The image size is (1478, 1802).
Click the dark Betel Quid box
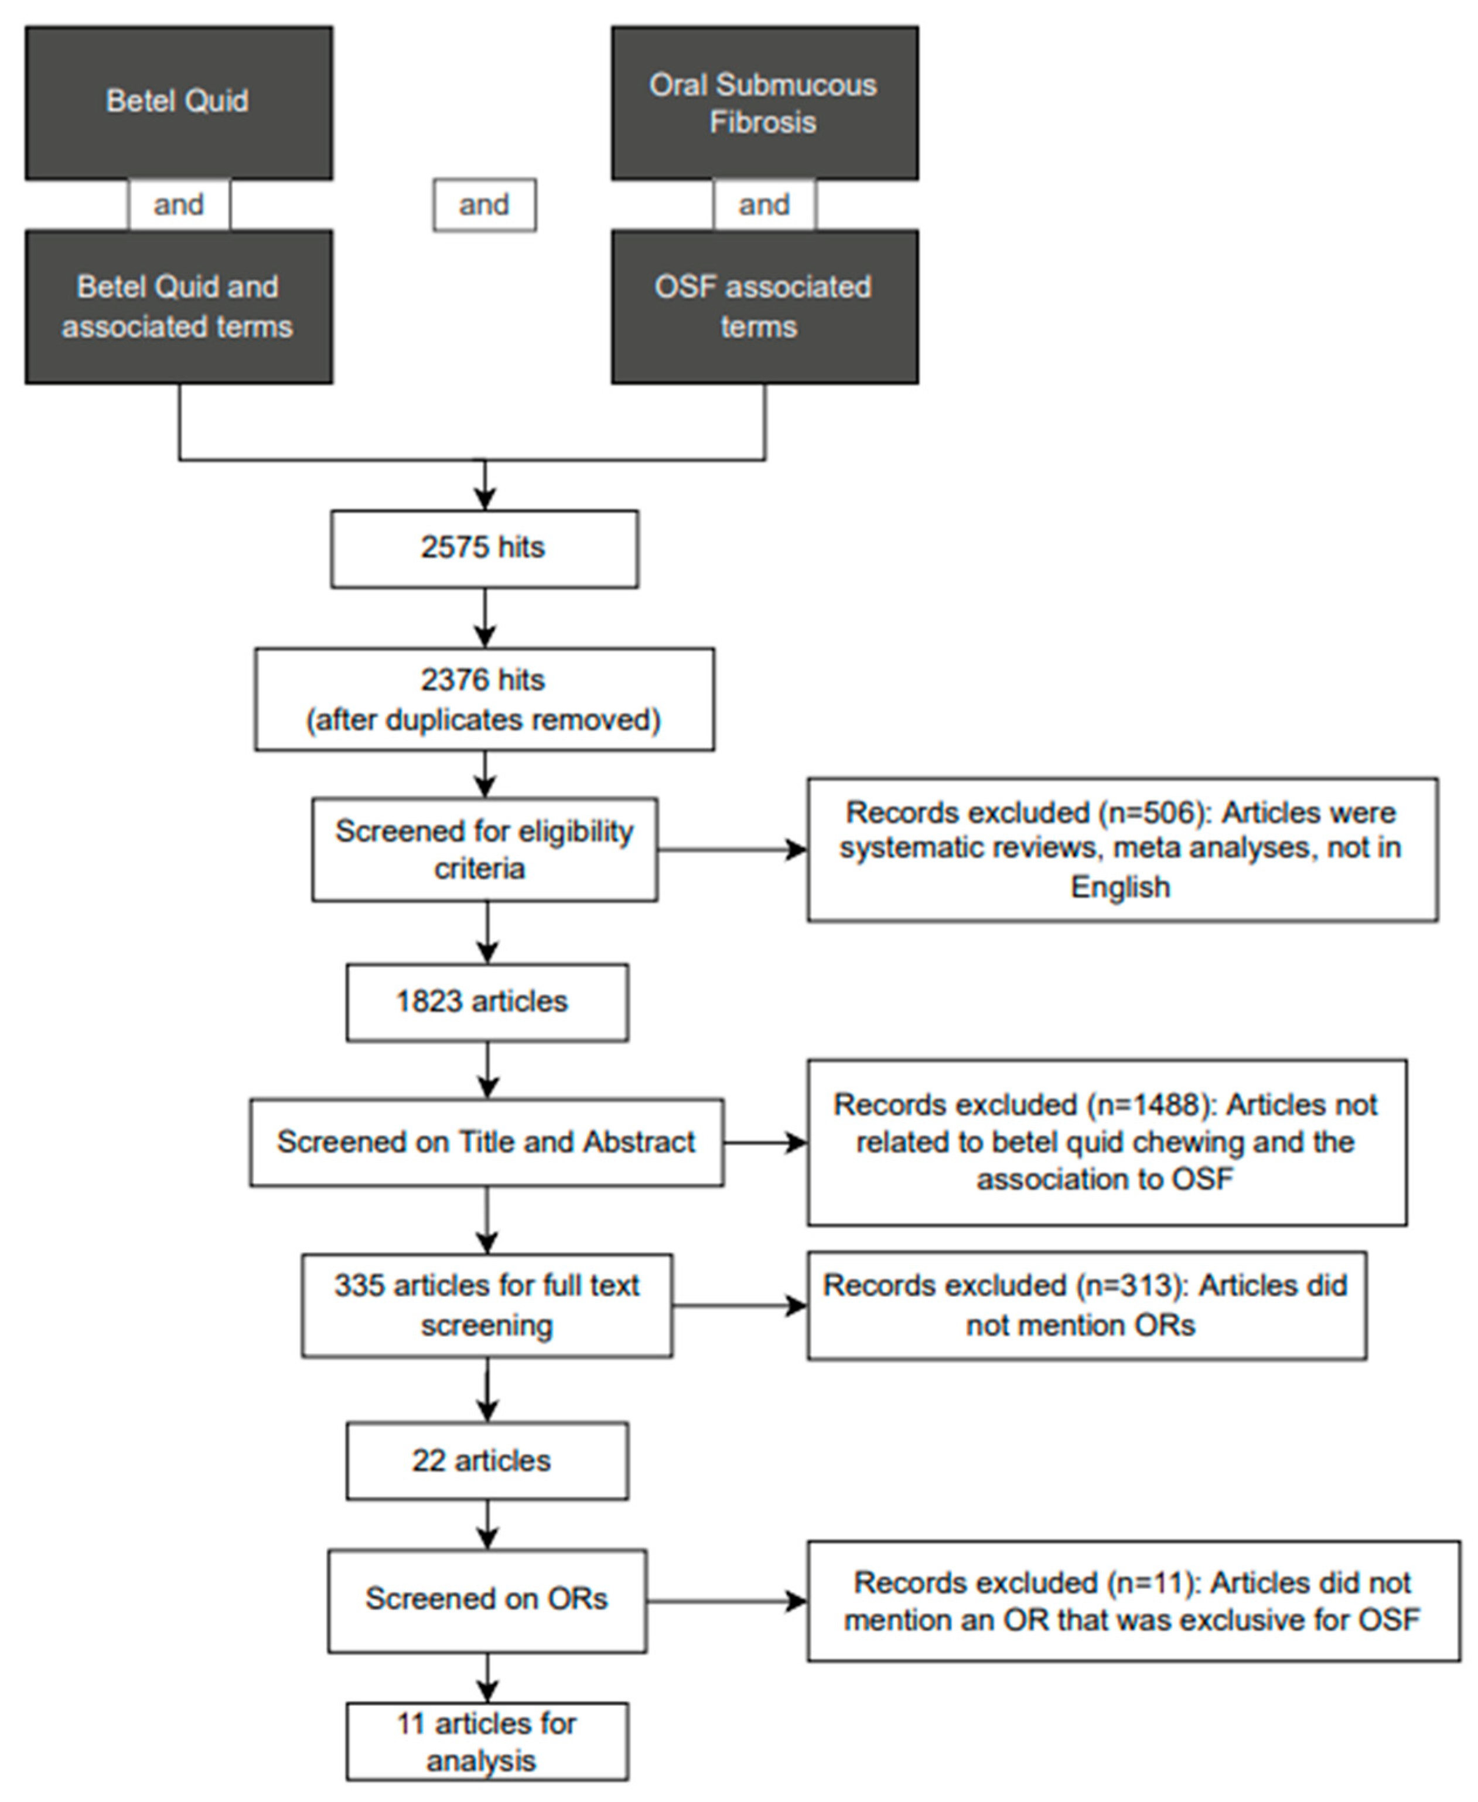click(178, 102)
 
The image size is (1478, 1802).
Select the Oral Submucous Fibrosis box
click(764, 102)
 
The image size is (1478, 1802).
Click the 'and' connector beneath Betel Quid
click(179, 205)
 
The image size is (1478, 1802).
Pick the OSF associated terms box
click(764, 306)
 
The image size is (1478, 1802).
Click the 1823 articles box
click(486, 1002)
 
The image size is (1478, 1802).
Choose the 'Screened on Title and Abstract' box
click(486, 1142)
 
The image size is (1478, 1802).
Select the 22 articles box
click(486, 1460)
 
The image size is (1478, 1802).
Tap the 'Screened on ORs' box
click(486, 1599)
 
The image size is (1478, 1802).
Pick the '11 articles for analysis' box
click(486, 1742)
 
